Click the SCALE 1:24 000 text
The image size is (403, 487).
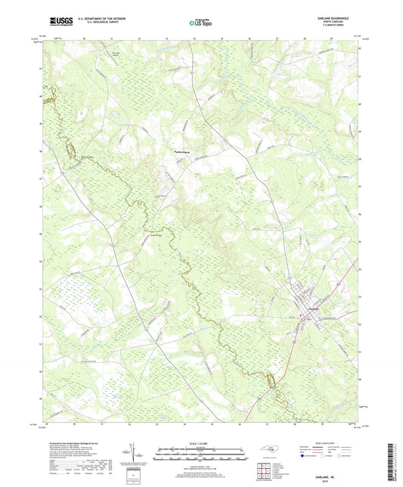(201, 441)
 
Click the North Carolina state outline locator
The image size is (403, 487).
(269, 450)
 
